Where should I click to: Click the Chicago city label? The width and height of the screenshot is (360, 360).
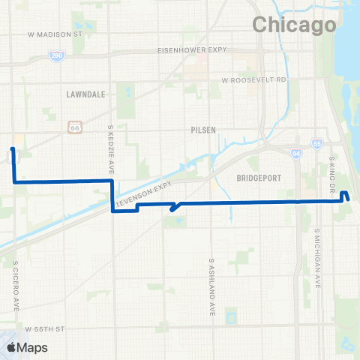(x=294, y=25)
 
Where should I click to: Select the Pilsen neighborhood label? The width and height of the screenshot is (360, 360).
(x=203, y=130)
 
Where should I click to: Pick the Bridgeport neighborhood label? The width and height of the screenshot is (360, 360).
(x=257, y=178)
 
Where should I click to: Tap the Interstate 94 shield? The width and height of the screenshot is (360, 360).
(x=295, y=153)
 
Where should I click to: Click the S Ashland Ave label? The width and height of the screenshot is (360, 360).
(x=213, y=287)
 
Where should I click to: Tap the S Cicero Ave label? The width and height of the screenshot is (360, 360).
(x=15, y=286)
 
